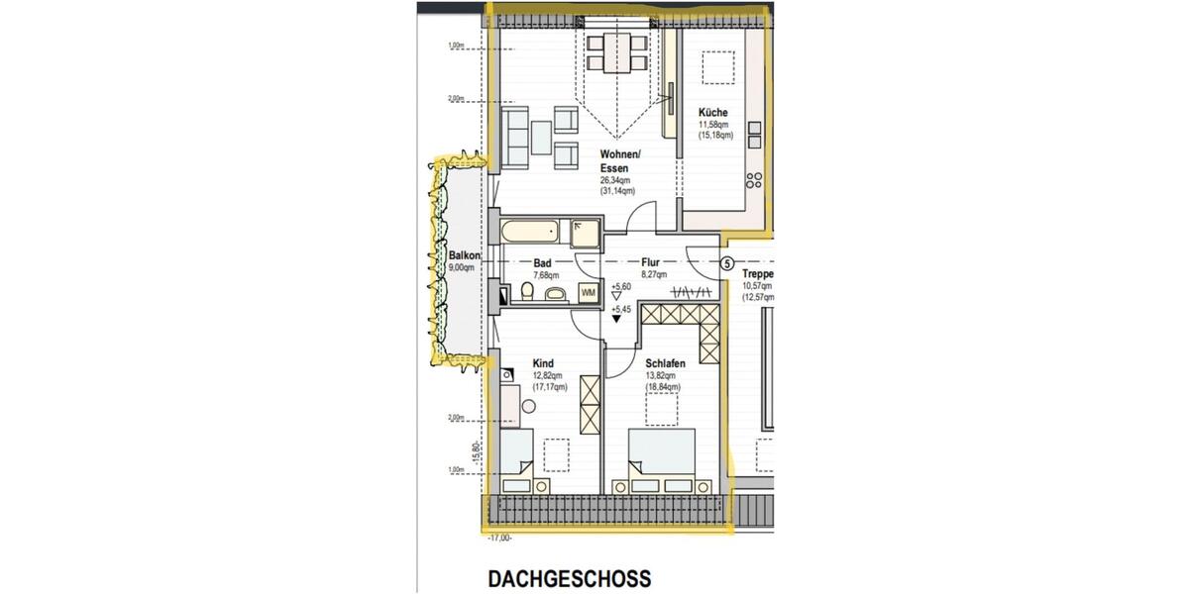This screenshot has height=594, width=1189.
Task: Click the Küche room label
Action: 712,113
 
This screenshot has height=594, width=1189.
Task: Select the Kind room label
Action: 543,363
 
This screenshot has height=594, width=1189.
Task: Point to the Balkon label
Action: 464,255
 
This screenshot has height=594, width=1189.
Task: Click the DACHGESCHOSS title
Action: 569,578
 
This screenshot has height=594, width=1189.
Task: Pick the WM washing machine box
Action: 588,293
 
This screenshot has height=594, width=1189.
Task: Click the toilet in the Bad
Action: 526,293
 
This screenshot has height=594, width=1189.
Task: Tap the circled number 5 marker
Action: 726,264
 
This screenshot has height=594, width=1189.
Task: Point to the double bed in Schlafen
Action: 662,459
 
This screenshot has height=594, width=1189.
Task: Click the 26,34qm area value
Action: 615,180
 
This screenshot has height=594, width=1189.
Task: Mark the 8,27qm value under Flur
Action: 653,275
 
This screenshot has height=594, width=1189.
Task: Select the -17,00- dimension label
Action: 499,538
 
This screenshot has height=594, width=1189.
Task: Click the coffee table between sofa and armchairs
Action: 540,138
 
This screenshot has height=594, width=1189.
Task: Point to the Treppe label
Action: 758,274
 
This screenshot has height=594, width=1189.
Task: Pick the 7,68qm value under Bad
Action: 546,276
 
